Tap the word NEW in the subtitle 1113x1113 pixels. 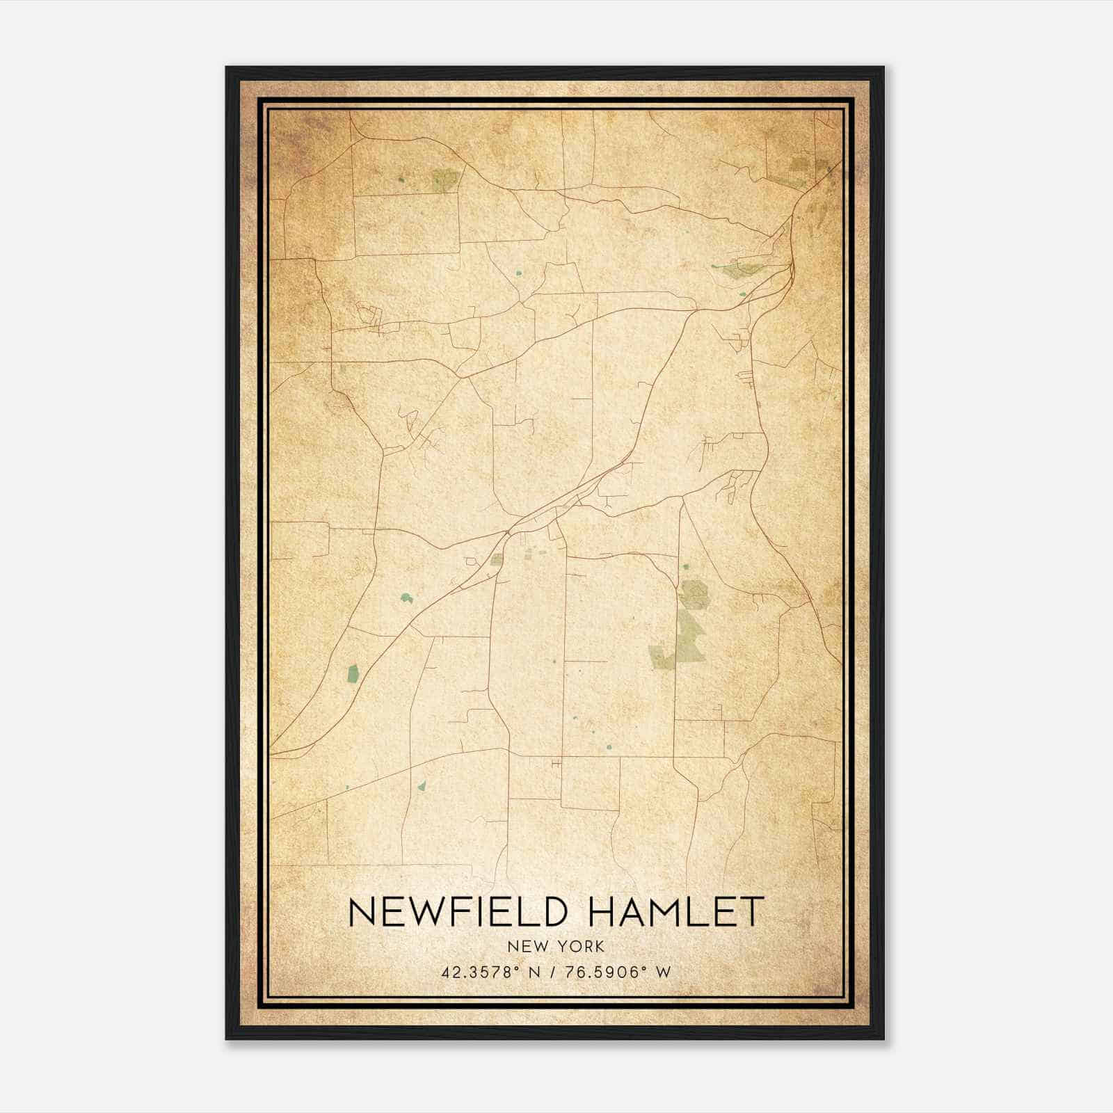[525, 947]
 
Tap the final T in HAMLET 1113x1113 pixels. [753, 911]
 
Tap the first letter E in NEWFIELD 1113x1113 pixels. [392, 911]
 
